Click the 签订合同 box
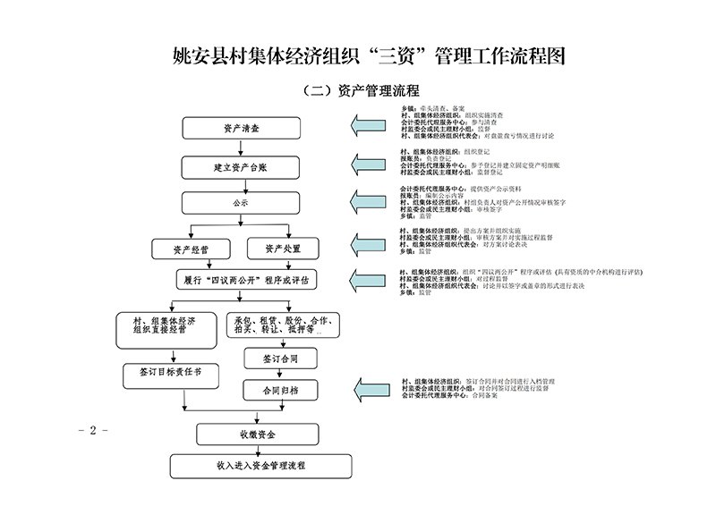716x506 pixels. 280,358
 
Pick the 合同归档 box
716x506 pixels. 280,391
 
